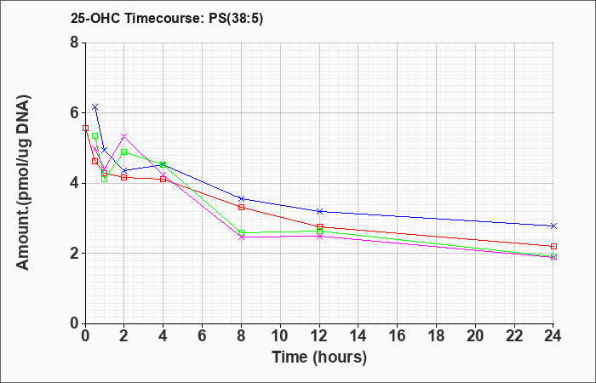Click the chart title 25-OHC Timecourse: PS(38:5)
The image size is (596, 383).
(167, 19)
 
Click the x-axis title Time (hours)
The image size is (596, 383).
(319, 357)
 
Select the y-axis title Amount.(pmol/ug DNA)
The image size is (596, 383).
(23, 182)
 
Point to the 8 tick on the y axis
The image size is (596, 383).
(75, 43)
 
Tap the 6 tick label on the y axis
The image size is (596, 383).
(75, 113)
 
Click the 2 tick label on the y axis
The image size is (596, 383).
(75, 254)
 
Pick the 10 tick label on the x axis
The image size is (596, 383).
(280, 336)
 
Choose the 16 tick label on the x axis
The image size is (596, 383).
(398, 336)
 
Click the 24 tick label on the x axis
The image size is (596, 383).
(553, 336)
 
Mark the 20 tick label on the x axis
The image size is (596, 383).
(475, 336)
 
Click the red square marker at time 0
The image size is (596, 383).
(85, 128)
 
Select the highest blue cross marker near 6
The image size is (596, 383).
(95, 106)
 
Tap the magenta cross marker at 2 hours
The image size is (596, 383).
(124, 136)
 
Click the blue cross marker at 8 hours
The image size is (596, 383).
(241, 198)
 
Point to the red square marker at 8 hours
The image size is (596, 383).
(241, 207)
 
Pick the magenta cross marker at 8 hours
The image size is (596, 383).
(241, 237)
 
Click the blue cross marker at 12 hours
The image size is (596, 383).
(319, 211)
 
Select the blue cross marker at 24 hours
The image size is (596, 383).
(553, 226)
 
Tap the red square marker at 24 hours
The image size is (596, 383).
(553, 246)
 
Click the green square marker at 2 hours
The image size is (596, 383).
(124, 152)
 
